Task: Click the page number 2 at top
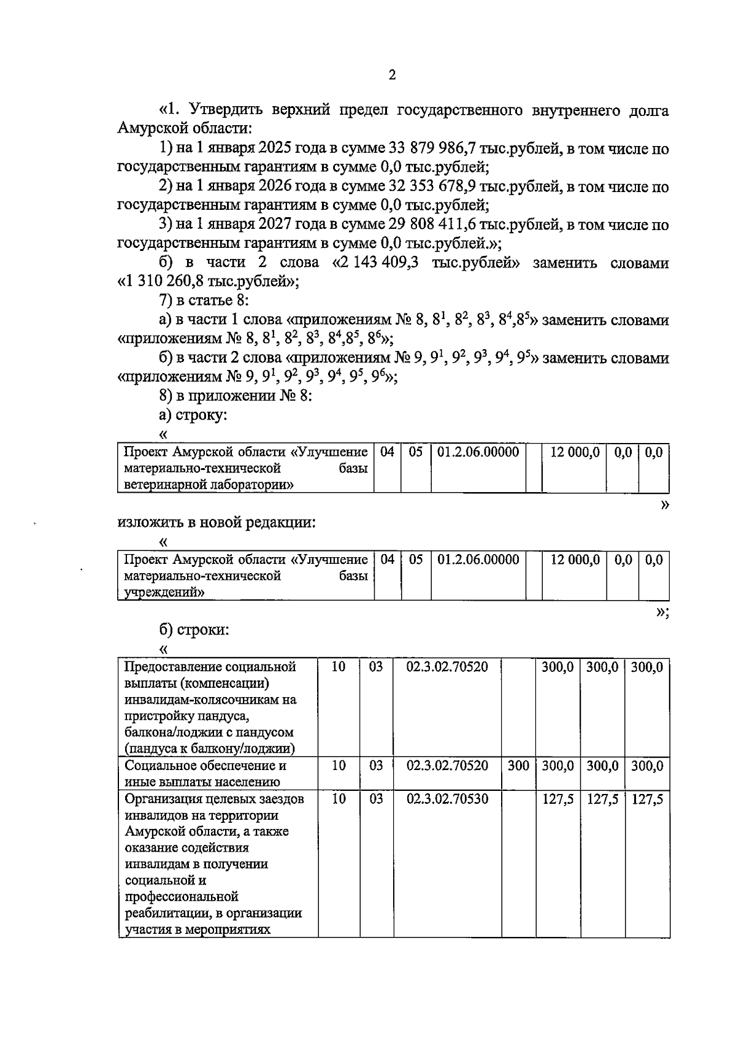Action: (392, 75)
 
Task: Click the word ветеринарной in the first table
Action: (161, 485)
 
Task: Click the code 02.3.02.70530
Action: (447, 799)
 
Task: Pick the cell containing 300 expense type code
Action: (518, 766)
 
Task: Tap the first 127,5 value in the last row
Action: (558, 799)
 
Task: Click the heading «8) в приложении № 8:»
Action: (236, 396)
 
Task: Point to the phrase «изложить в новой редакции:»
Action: (217, 523)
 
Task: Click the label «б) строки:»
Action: (194, 630)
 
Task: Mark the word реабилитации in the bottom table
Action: (168, 913)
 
